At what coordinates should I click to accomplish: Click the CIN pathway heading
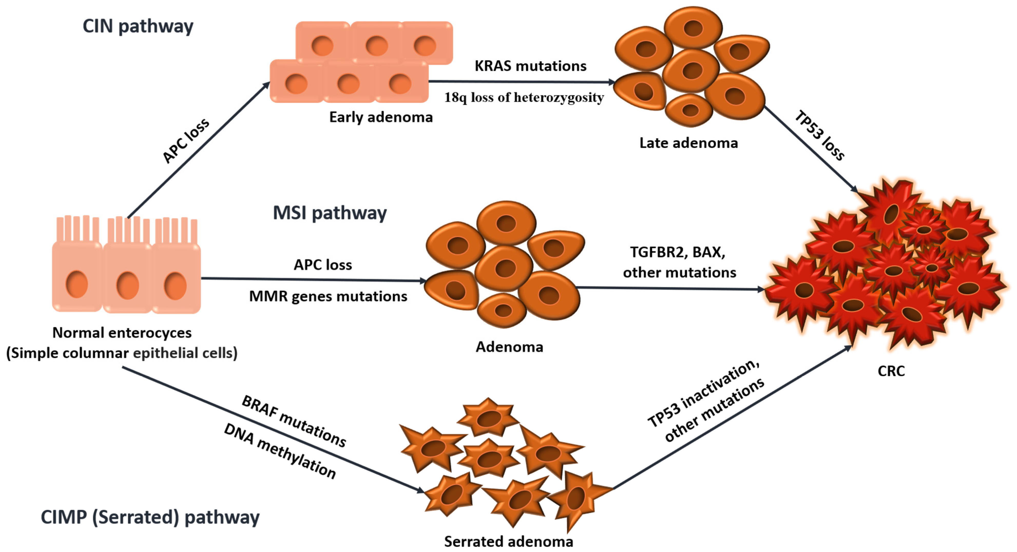(x=138, y=26)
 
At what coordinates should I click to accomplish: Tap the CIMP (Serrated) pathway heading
(x=150, y=517)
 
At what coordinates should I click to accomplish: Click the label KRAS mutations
(x=530, y=66)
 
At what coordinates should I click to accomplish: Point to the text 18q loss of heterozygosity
(x=524, y=97)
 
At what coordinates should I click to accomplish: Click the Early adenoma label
(x=381, y=117)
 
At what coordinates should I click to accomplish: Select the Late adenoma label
(x=688, y=143)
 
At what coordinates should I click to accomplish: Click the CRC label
(x=891, y=371)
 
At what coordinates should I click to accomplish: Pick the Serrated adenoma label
(x=508, y=541)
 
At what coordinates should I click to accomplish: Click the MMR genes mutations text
(x=328, y=296)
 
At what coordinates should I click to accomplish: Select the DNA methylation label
(x=280, y=451)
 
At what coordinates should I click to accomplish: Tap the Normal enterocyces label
(x=122, y=333)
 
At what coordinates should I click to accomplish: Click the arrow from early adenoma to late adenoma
(x=521, y=82)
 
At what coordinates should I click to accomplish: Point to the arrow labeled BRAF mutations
(x=272, y=430)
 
